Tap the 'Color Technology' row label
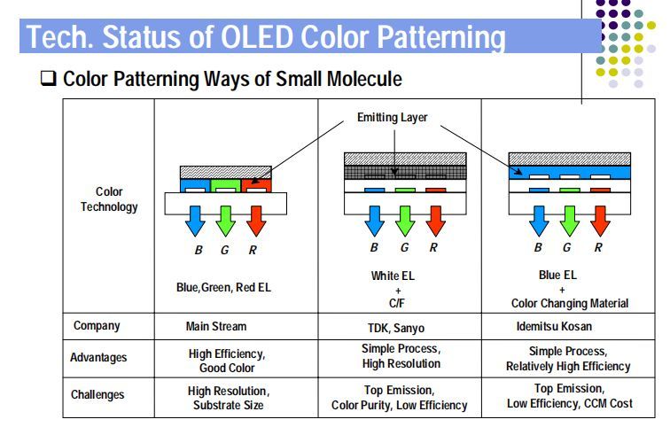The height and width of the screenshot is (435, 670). [109, 199]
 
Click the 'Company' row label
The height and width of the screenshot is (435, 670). [96, 326]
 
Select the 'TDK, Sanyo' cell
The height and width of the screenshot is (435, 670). [397, 327]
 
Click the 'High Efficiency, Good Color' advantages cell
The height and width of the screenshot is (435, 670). [228, 359]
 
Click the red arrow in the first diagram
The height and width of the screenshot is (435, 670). [254, 221]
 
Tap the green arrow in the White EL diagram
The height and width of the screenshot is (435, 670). [403, 220]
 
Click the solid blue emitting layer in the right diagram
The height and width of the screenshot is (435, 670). [567, 172]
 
